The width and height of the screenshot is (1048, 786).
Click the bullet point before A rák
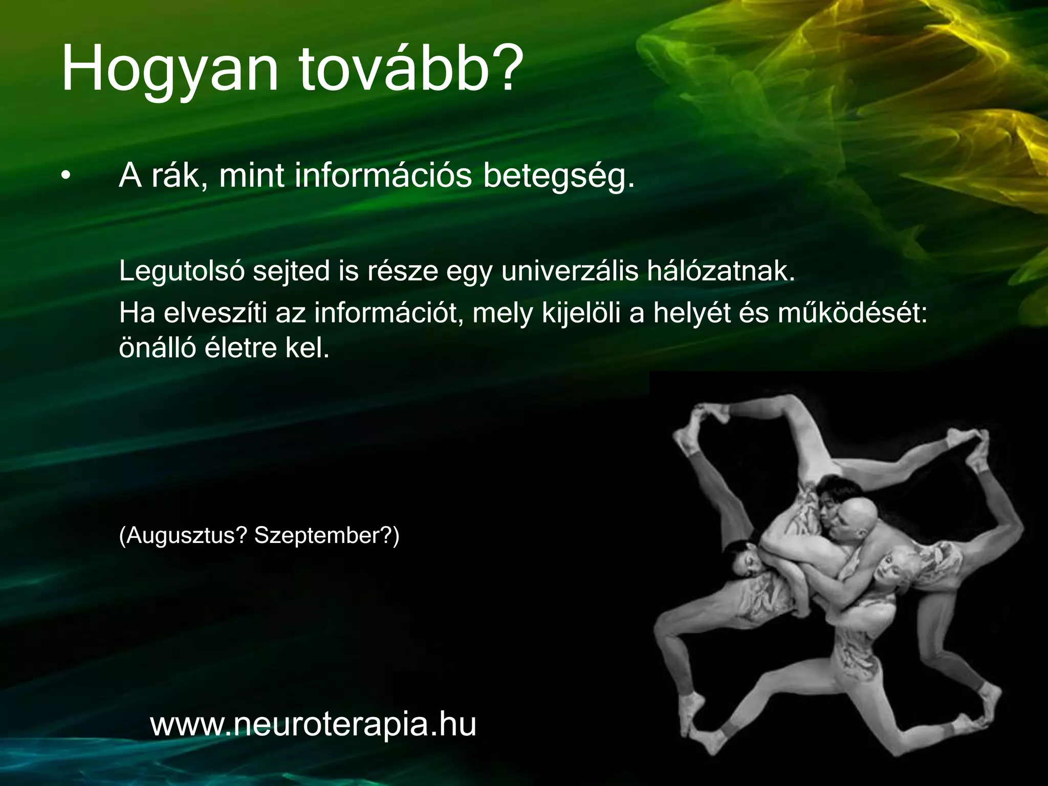64,177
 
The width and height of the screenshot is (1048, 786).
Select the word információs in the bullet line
383,176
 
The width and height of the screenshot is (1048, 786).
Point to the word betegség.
559,177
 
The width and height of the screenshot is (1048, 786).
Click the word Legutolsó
182,271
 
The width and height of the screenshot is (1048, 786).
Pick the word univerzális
570,271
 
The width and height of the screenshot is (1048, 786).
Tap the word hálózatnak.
721,271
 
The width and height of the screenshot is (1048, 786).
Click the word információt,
389,313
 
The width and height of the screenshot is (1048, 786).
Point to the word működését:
853,313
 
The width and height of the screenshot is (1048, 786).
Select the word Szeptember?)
326,536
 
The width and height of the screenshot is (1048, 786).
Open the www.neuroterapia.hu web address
313,725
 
